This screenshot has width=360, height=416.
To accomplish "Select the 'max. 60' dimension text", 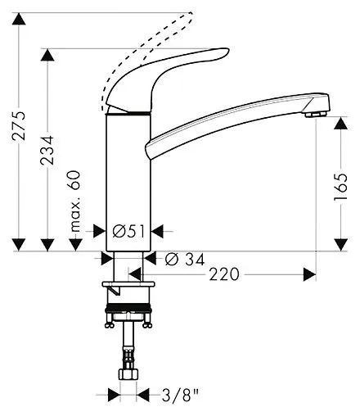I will [x=74, y=201].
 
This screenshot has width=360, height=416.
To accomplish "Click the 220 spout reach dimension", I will [x=224, y=274].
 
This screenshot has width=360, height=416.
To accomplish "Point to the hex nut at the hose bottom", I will [x=127, y=373].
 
